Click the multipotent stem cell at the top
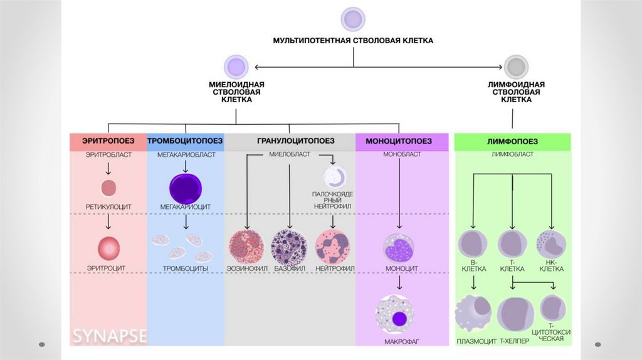coord(352,19)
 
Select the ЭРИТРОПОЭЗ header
coord(108,142)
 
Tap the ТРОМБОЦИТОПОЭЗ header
coord(186,142)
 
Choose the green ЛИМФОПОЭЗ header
coord(513,142)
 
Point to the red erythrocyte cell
coord(108,248)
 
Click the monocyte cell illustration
coord(400,248)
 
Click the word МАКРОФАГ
coord(401,342)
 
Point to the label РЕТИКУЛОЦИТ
coord(108,206)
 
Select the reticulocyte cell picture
coord(108,187)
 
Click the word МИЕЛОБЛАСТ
coord(288,154)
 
